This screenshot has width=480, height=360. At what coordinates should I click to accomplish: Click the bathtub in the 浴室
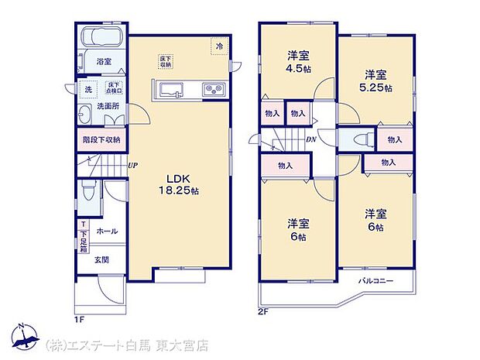pyautogui.click(x=101, y=38)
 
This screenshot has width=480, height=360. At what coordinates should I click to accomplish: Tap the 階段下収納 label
pyautogui.click(x=101, y=140)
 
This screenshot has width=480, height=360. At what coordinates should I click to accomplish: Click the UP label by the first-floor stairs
pyautogui.click(x=133, y=165)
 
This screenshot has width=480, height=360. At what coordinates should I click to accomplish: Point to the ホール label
pyautogui.click(x=106, y=231)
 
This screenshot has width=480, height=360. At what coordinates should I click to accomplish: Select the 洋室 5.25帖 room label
pyautogui.click(x=376, y=81)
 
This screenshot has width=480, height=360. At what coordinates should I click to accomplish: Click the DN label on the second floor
pyautogui.click(x=310, y=140)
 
